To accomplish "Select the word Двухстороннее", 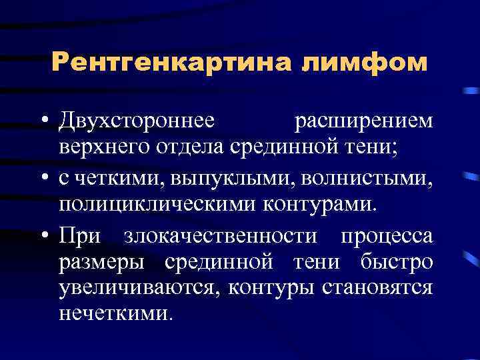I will coord(137,121).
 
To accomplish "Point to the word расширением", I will coord(363,121).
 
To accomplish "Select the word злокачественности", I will coord(227,236).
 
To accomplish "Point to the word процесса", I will coord(387,236).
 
